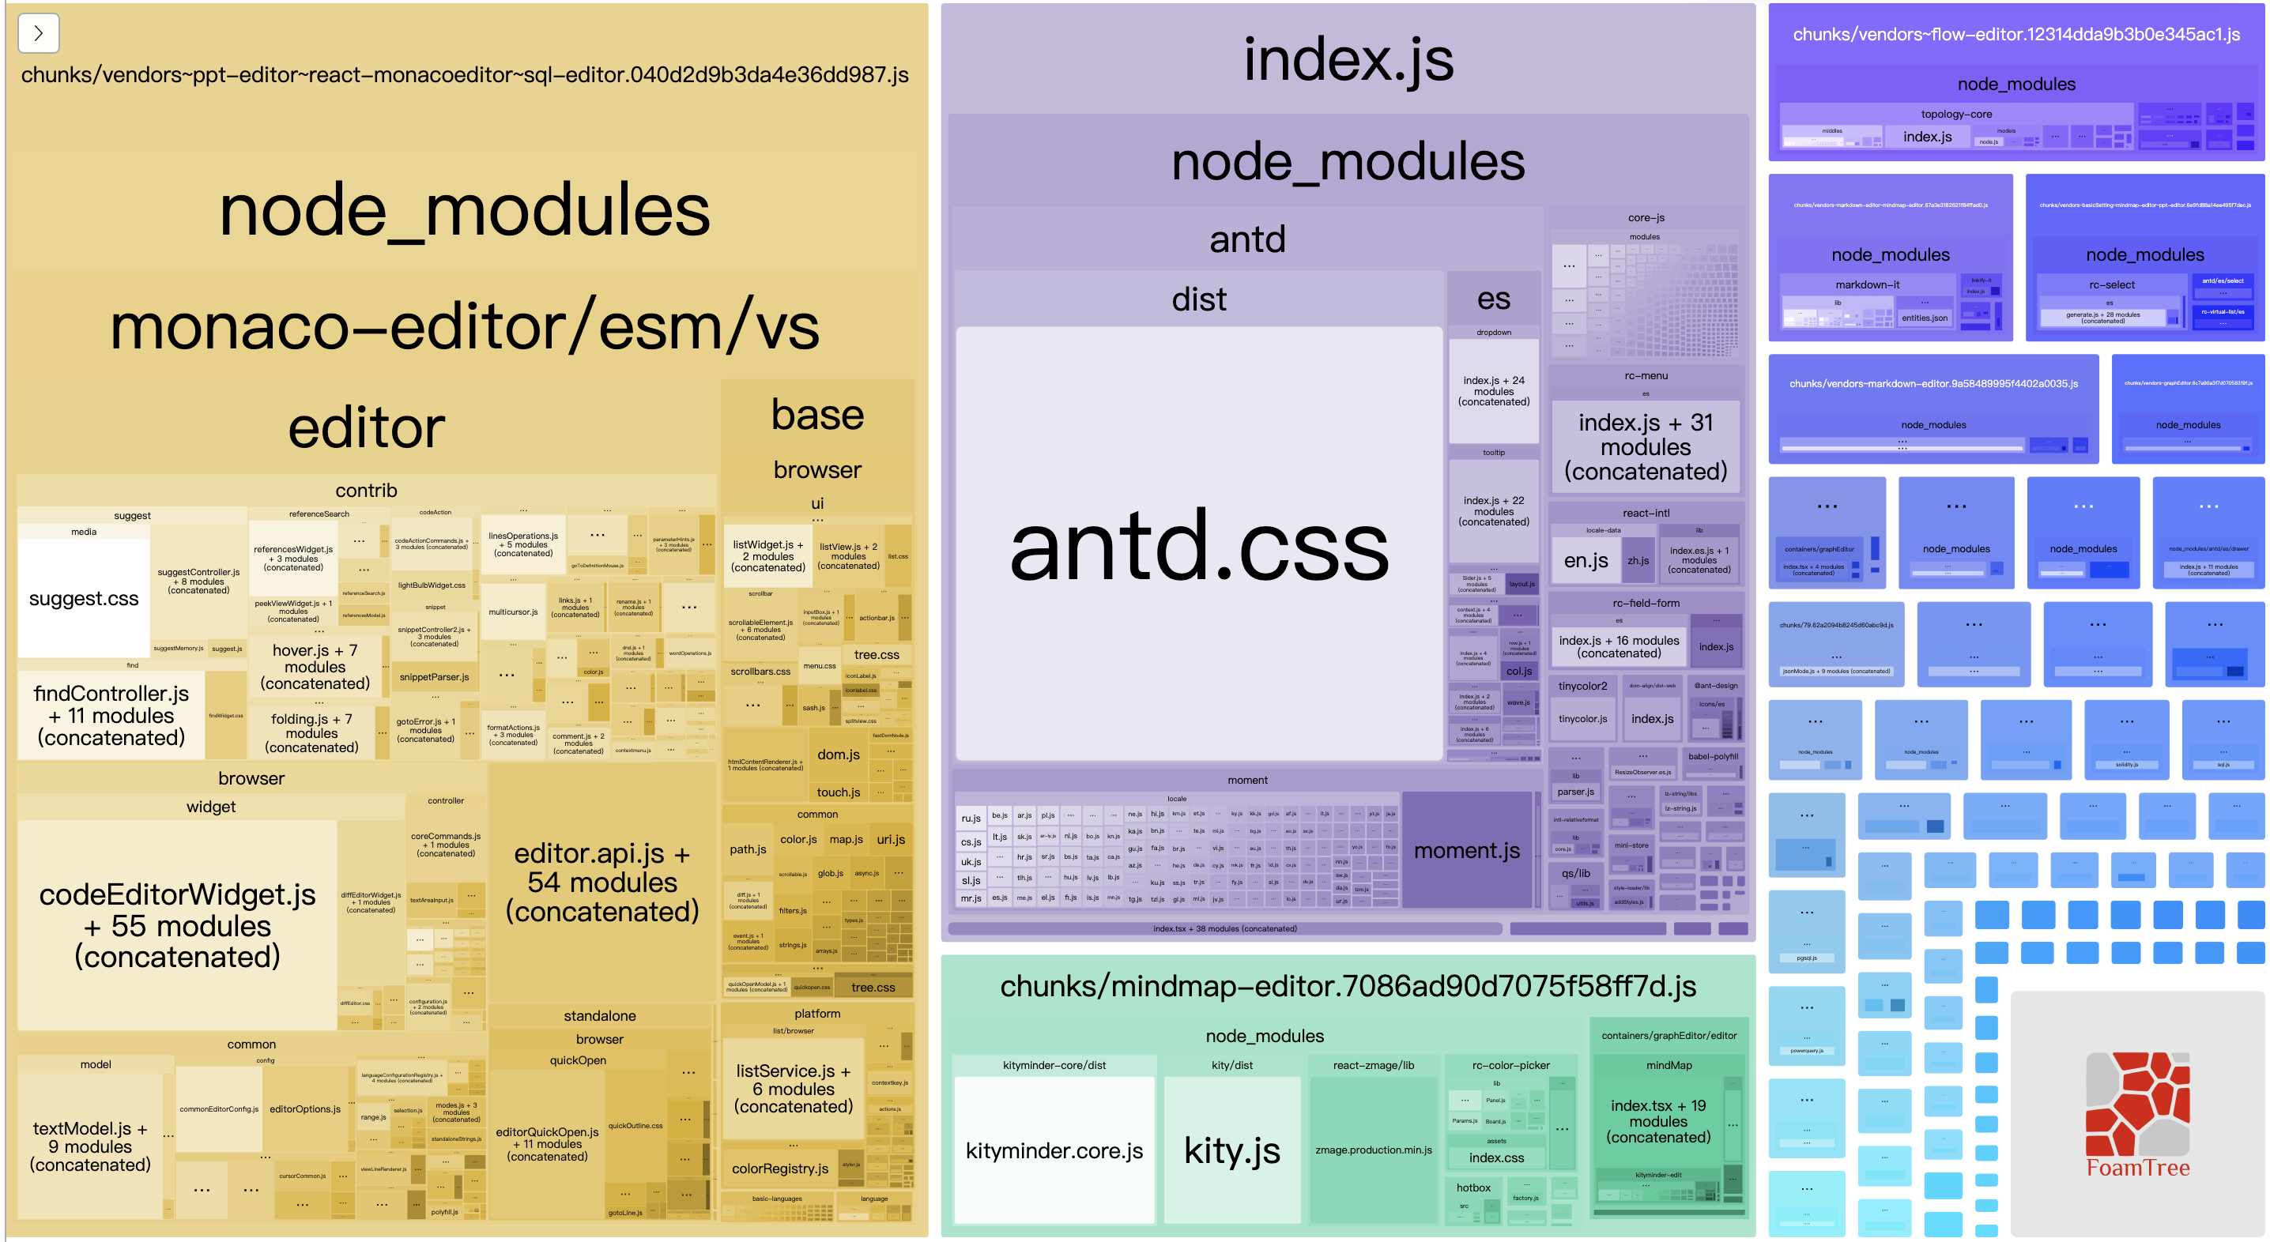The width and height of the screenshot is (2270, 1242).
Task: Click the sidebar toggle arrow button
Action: click(x=38, y=33)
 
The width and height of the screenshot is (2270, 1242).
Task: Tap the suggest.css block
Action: click(x=84, y=599)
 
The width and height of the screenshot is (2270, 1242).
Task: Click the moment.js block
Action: click(x=1466, y=850)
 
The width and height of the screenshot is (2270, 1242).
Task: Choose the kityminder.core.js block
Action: click(x=1054, y=1150)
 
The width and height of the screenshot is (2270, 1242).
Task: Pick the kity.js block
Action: click(x=1232, y=1150)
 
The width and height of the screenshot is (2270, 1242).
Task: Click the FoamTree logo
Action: click(x=2138, y=1114)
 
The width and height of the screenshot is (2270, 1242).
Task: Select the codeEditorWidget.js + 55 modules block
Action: click(x=177, y=925)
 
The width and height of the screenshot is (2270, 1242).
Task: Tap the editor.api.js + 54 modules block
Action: click(x=601, y=883)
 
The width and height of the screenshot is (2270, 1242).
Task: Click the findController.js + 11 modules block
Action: click(x=111, y=715)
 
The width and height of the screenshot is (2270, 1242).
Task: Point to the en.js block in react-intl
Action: click(x=1586, y=560)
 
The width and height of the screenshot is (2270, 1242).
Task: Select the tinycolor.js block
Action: click(x=1582, y=719)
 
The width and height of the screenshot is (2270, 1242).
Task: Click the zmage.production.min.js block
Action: click(x=1373, y=1150)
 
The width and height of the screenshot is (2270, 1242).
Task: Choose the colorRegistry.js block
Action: click(x=780, y=1168)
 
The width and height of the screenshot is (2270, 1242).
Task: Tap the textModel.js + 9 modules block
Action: click(x=90, y=1146)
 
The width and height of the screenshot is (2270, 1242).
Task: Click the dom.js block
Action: click(x=838, y=754)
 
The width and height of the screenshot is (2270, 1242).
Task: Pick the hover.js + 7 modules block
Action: click(x=315, y=666)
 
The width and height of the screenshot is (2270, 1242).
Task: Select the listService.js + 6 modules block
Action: click(x=793, y=1088)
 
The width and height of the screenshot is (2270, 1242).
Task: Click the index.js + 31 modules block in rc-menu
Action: click(x=1646, y=446)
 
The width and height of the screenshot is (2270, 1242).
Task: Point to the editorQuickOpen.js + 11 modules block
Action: click(x=546, y=1143)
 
